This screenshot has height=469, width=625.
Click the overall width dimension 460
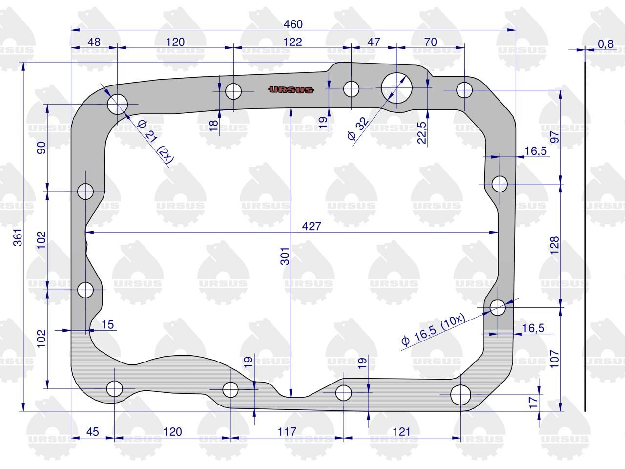(x=293, y=24)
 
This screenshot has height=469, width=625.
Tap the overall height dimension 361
(x=18, y=237)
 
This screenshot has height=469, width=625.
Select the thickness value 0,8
(x=605, y=44)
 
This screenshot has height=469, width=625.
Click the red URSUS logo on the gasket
(x=291, y=90)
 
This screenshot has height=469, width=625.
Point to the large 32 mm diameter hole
(x=396, y=88)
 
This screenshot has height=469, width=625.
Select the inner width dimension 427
(x=312, y=226)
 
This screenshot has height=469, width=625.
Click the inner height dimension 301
(x=285, y=256)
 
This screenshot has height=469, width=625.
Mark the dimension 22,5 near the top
(x=422, y=133)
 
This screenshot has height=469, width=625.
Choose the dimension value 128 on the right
(x=554, y=245)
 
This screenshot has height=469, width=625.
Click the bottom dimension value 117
(x=287, y=432)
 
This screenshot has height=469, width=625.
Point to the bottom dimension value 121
(x=401, y=432)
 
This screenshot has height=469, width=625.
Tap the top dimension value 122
(x=292, y=42)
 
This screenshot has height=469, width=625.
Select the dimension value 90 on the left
(x=42, y=148)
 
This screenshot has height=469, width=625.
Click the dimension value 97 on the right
(x=554, y=137)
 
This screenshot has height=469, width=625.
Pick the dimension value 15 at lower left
(x=107, y=324)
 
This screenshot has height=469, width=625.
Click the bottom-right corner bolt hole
(x=460, y=395)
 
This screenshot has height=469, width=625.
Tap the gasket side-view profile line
(x=585, y=236)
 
